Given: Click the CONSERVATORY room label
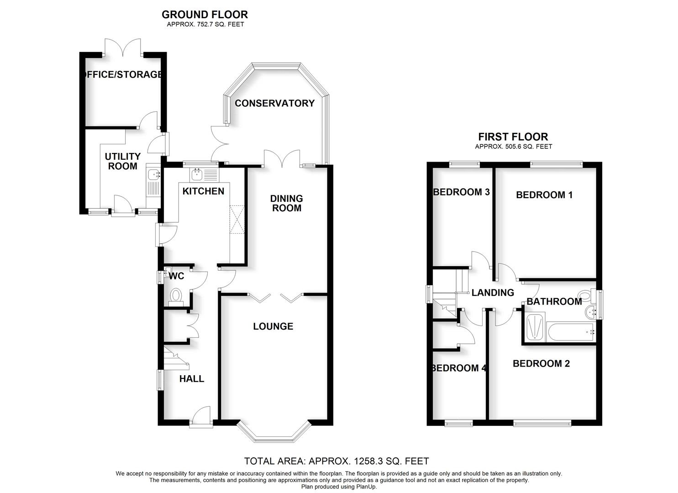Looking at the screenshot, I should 274,103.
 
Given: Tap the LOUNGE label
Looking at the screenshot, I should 273,326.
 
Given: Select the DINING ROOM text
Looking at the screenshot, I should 286,203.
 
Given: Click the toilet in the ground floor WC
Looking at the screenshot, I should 175,295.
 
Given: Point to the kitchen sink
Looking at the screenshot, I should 198,174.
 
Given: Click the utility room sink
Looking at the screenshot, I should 152,174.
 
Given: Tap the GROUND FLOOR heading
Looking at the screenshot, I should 205,15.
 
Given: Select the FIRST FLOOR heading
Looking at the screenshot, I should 513,136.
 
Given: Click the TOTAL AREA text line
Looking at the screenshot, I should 336,461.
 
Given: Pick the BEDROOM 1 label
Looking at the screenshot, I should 544,195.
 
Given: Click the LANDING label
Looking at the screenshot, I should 493,293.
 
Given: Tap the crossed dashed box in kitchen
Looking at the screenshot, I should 237,220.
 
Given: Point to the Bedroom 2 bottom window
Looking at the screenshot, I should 542,423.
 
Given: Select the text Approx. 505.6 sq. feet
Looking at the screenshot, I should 513,147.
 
